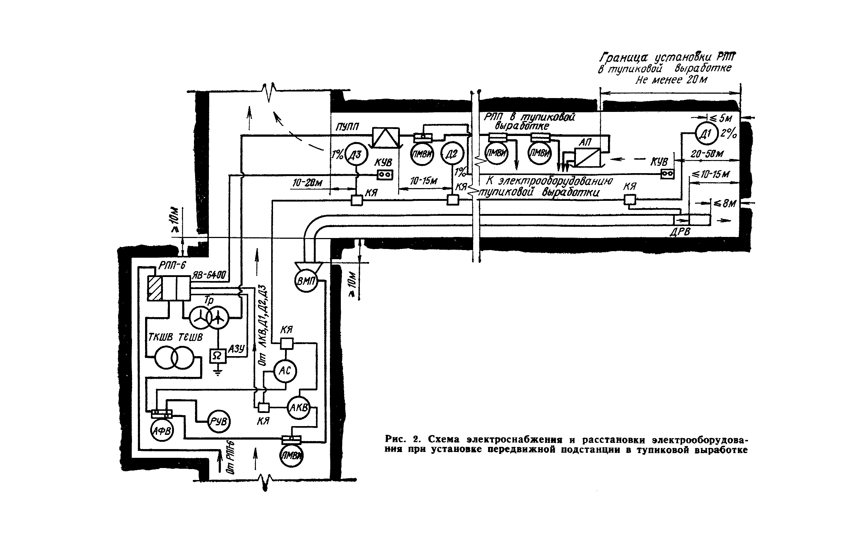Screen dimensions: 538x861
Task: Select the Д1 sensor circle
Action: pyautogui.click(x=706, y=134)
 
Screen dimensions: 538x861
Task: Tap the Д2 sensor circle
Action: pyautogui.click(x=452, y=155)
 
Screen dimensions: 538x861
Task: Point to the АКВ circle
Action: pyautogui.click(x=299, y=408)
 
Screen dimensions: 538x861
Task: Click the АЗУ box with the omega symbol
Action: pyautogui.click(x=218, y=356)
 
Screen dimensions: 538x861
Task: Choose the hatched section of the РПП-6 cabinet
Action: pyautogui.click(x=155, y=288)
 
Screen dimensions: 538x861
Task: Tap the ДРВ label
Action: pyautogui.click(x=680, y=232)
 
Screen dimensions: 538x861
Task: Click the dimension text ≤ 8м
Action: pyautogui.click(x=725, y=204)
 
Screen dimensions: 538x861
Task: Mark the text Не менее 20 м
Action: pyautogui.click(x=671, y=80)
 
